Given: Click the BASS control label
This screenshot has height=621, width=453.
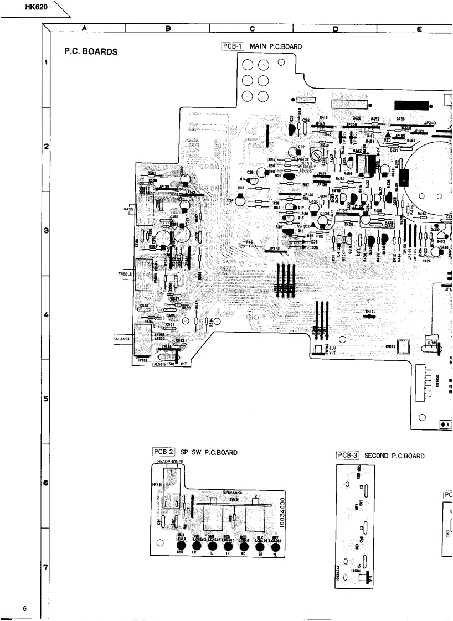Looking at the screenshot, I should (128, 209).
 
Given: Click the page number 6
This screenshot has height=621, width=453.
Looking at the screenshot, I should (25, 609).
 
